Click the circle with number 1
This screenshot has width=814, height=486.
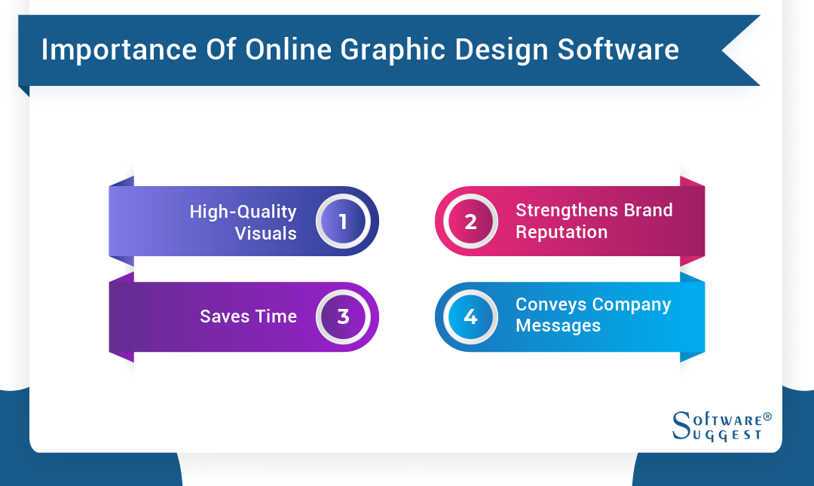[343, 222]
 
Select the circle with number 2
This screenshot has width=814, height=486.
[470, 222]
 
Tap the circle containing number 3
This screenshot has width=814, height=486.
[343, 316]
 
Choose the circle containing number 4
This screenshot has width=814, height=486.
[470, 316]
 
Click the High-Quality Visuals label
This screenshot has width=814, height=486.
[243, 222]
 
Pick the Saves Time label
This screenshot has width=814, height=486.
[248, 316]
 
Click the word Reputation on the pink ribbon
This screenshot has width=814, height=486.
[562, 232]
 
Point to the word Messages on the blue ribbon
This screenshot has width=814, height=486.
[558, 326]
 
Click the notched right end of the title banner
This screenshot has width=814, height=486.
[742, 50]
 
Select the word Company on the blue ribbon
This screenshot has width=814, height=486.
[632, 304]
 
